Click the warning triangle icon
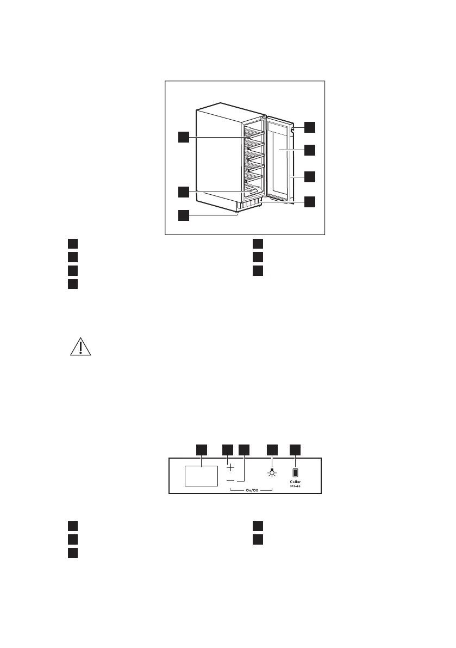point(80,347)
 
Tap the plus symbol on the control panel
point(230,467)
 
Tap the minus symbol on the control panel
point(230,481)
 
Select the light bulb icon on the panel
point(271,472)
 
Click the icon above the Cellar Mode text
point(295,472)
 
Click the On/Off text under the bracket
point(251,491)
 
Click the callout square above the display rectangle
point(201,449)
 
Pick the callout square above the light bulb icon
point(272,449)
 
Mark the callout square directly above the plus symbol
point(228,449)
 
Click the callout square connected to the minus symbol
point(244,449)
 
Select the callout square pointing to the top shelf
point(184,137)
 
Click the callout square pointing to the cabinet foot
point(184,215)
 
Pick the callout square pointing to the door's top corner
point(309,127)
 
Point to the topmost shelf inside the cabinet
point(254,132)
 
